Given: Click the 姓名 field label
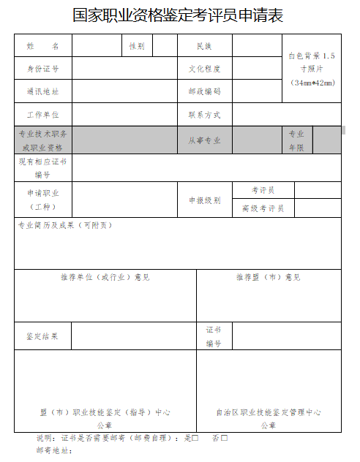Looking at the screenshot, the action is point(42,46).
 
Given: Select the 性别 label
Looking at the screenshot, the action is point(137,46).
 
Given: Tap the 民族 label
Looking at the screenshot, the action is point(204,46).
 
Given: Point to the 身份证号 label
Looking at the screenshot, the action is point(42,69).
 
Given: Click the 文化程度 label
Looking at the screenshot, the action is point(204,69).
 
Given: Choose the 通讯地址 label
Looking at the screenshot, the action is point(42,92).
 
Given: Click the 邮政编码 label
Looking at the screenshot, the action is point(204,92).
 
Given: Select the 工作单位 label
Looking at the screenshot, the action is point(42,115).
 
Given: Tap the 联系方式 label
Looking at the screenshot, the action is point(204,115).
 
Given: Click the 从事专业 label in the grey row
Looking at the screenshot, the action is point(204,140).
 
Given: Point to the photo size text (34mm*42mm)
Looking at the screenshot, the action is point(312,83).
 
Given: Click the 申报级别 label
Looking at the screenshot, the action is point(204,200).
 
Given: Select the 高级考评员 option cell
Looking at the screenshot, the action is point(263,208).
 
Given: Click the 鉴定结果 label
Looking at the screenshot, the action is point(42,336).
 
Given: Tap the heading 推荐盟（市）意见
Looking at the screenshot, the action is point(268,277).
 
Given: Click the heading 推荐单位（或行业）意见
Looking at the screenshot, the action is point(105,277).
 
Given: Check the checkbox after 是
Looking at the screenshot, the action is point(195,438).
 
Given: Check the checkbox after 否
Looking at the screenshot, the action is point(225,438).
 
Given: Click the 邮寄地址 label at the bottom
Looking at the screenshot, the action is point(53,451).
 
